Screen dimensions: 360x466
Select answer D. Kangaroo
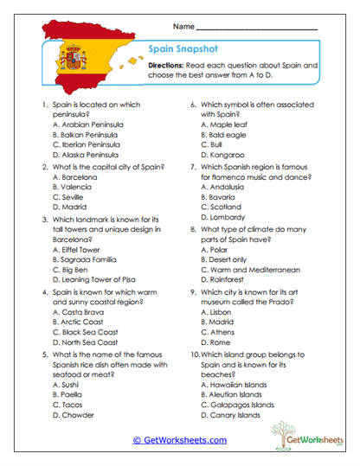pos(225,156)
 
